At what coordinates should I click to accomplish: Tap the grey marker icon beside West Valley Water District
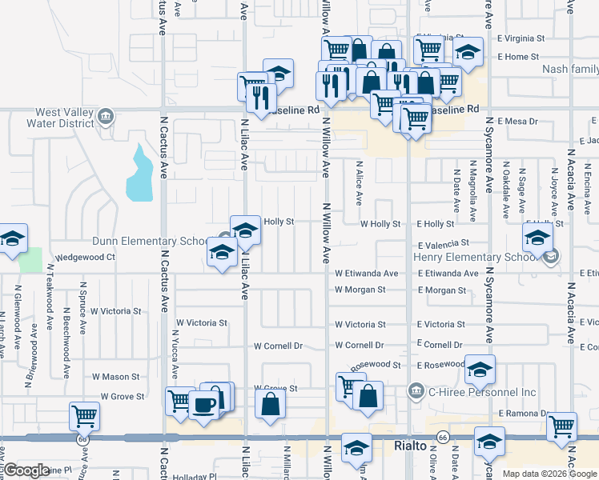[105, 118]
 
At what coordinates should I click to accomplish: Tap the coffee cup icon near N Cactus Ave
[206, 406]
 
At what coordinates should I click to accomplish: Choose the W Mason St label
[115, 376]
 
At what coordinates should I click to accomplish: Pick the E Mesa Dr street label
[517, 121]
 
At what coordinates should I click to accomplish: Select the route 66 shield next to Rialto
[442, 437]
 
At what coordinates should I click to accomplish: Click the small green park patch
[30, 260]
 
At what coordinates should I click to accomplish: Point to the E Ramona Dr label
[521, 414]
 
